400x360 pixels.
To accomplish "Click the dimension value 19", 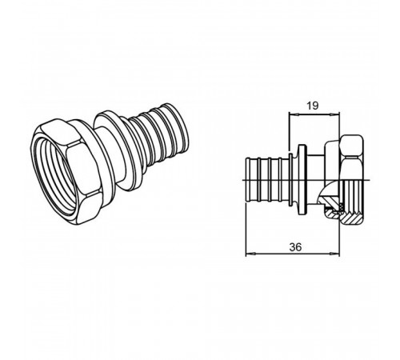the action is [312, 106].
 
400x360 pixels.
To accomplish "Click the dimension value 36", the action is [295, 247].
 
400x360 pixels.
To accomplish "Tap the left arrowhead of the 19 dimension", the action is [294, 114].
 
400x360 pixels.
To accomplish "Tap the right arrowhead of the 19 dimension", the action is [335, 114].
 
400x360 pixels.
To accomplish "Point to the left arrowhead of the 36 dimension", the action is [250, 254].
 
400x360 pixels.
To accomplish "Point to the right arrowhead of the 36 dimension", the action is [335, 254].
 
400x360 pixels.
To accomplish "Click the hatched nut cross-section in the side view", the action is [351, 216].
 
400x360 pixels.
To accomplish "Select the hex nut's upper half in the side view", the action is [352, 158].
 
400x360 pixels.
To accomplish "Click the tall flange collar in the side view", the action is [302, 179].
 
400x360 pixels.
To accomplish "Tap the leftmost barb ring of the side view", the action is [247, 181].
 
